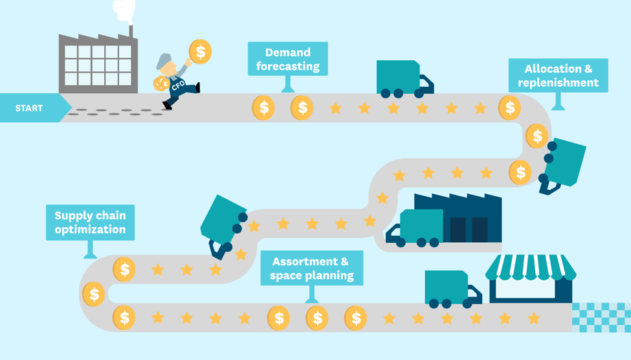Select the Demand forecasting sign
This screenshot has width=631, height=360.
tap(288, 59)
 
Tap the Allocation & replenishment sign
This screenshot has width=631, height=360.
tap(558, 76)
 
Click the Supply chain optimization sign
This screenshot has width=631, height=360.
tap(90, 223)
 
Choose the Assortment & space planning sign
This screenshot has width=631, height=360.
tap(312, 268)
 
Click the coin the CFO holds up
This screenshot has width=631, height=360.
tap(200, 52)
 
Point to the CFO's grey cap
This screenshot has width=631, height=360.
tap(164, 60)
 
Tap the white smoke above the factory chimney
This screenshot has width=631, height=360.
tap(124, 11)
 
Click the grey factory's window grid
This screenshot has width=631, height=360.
tap(98, 65)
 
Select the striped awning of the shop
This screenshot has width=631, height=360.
tap(531, 267)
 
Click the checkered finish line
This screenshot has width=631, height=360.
tap(601, 318)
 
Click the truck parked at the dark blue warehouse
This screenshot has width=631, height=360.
tap(414, 228)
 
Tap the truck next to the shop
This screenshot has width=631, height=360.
tap(453, 289)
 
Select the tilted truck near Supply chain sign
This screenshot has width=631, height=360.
tap(224, 225)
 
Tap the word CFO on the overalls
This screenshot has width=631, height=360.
tap(178, 85)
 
